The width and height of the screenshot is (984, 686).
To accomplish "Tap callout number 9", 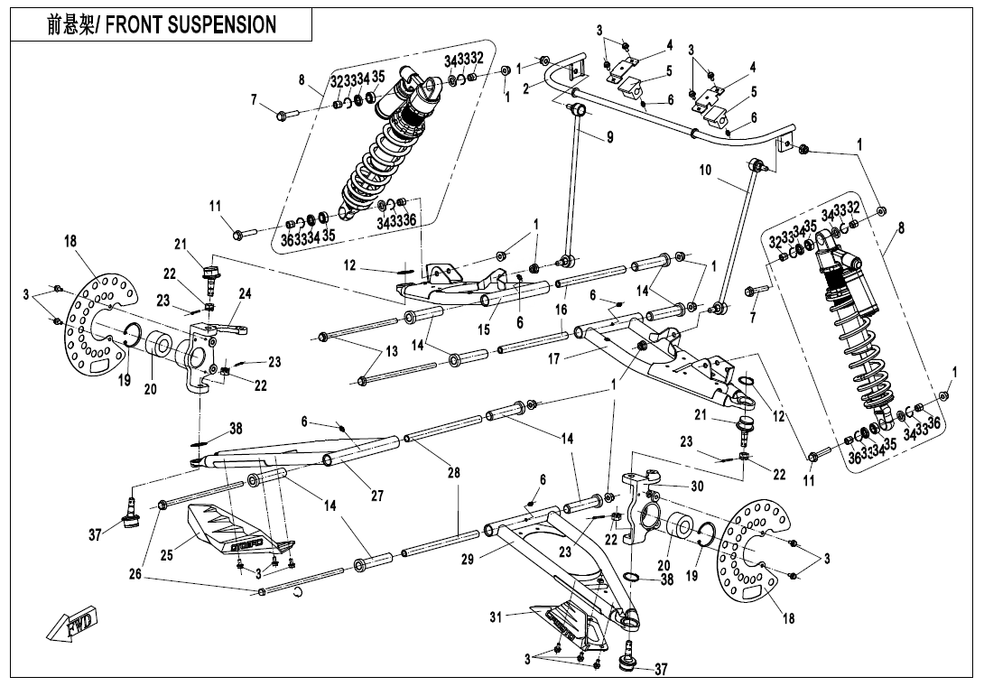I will click(609, 138).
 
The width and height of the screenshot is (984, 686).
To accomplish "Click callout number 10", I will click(704, 170).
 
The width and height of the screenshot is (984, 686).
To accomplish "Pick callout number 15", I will click(485, 330).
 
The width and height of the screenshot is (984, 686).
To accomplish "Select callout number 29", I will click(467, 561).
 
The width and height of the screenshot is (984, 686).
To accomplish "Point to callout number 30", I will click(697, 486).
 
